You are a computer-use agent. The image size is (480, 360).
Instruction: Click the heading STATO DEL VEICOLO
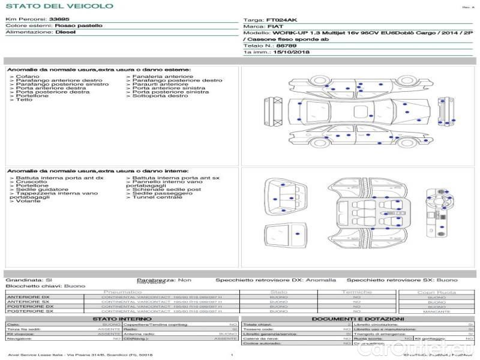(59, 6)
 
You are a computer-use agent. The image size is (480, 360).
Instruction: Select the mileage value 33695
(59, 19)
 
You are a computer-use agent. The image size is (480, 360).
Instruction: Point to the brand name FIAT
(273, 27)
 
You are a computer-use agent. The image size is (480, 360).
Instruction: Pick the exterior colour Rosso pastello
(79, 26)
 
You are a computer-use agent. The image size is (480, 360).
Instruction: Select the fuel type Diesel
(65, 32)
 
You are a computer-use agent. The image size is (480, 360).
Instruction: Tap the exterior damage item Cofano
(28, 77)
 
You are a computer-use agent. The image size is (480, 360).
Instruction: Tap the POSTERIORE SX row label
(29, 311)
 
